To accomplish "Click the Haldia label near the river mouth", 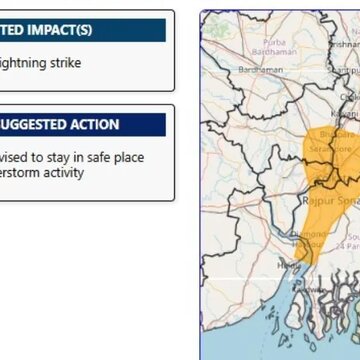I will (x=288, y=264).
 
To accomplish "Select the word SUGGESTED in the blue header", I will (x=30, y=125).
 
